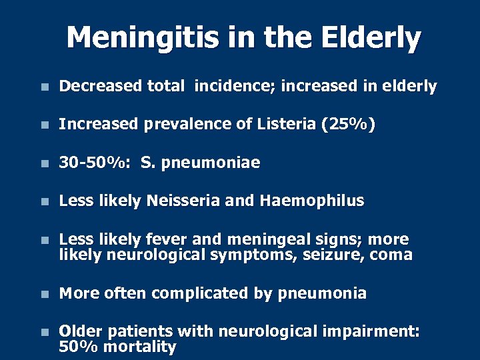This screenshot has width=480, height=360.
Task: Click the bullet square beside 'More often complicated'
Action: pyautogui.click(x=43, y=294)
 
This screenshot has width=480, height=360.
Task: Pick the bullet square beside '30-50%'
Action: pyautogui.click(x=43, y=163)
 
